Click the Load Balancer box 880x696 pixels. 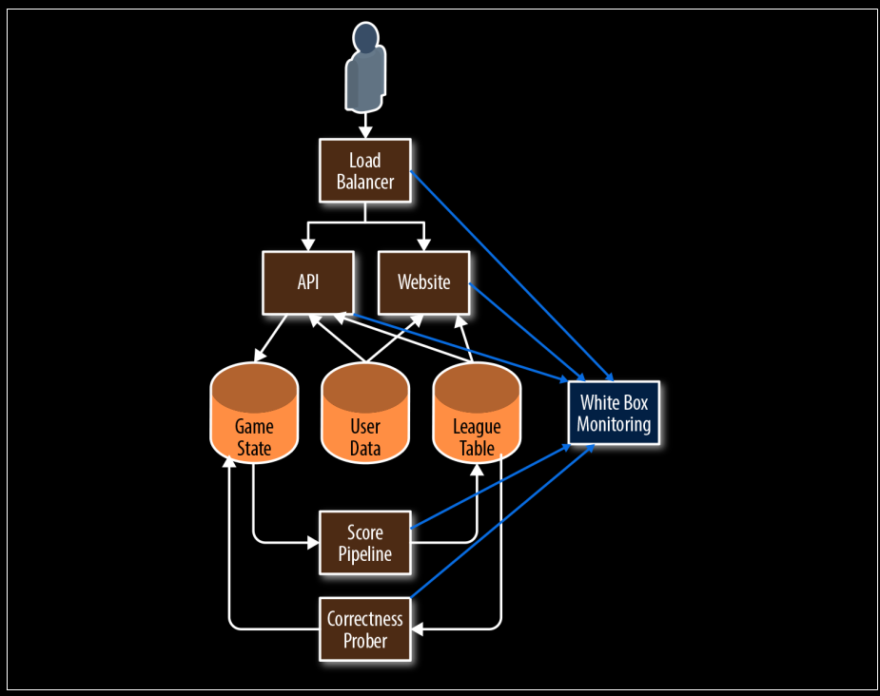tap(365, 171)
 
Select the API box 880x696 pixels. tap(308, 282)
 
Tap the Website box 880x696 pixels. tap(423, 282)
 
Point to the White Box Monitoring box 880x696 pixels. tap(614, 414)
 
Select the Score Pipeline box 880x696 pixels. tap(365, 543)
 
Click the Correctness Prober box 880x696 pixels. tap(365, 629)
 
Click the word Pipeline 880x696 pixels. tap(365, 553)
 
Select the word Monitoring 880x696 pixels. tap(614, 424)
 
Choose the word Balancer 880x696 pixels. tap(365, 182)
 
